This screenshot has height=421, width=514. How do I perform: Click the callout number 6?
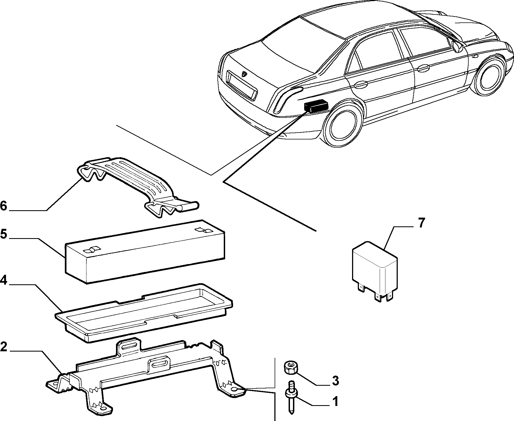(x=4, y=206)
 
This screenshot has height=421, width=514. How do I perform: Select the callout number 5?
(x=3, y=234)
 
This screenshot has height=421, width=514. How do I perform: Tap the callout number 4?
(x=3, y=280)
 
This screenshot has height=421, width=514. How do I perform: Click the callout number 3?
(x=335, y=381)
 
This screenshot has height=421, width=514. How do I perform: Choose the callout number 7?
(x=422, y=223)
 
